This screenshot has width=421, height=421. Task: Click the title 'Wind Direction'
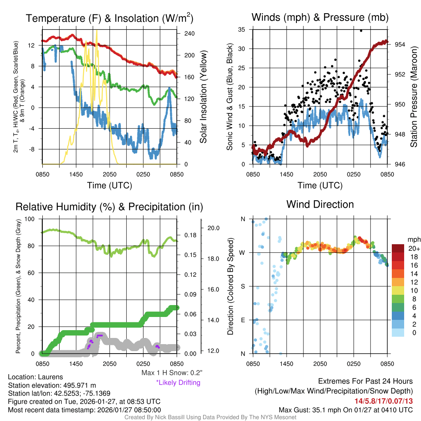click(320, 204)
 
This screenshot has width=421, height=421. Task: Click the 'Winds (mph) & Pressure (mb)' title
click(320, 17)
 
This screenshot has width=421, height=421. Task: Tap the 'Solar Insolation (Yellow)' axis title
click(203, 97)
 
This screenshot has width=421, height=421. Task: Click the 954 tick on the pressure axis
click(400, 44)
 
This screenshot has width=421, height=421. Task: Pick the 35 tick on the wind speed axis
click(242, 29)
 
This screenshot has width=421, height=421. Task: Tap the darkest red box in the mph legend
click(398, 248)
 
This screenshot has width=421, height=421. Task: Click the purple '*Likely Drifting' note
click(178, 382)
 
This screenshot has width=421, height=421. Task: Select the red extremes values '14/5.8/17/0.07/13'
click(384, 400)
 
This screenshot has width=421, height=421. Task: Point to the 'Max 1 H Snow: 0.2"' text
click(171, 373)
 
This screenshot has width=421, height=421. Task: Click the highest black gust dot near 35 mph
click(361, 30)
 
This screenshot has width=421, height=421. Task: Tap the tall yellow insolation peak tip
click(97, 30)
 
